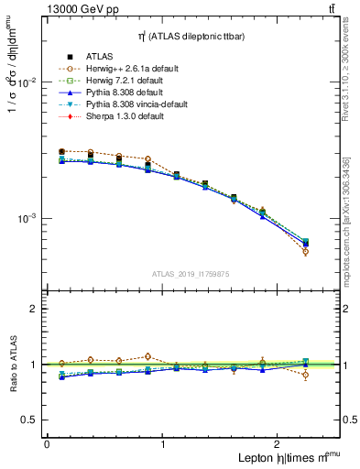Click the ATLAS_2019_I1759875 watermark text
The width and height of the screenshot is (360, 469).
191,273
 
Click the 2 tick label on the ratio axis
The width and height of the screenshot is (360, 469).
34,310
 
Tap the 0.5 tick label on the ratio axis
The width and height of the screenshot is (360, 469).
30,420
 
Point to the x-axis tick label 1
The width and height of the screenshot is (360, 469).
163,444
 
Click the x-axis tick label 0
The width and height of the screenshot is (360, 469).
47,444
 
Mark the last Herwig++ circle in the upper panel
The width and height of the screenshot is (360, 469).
305,251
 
